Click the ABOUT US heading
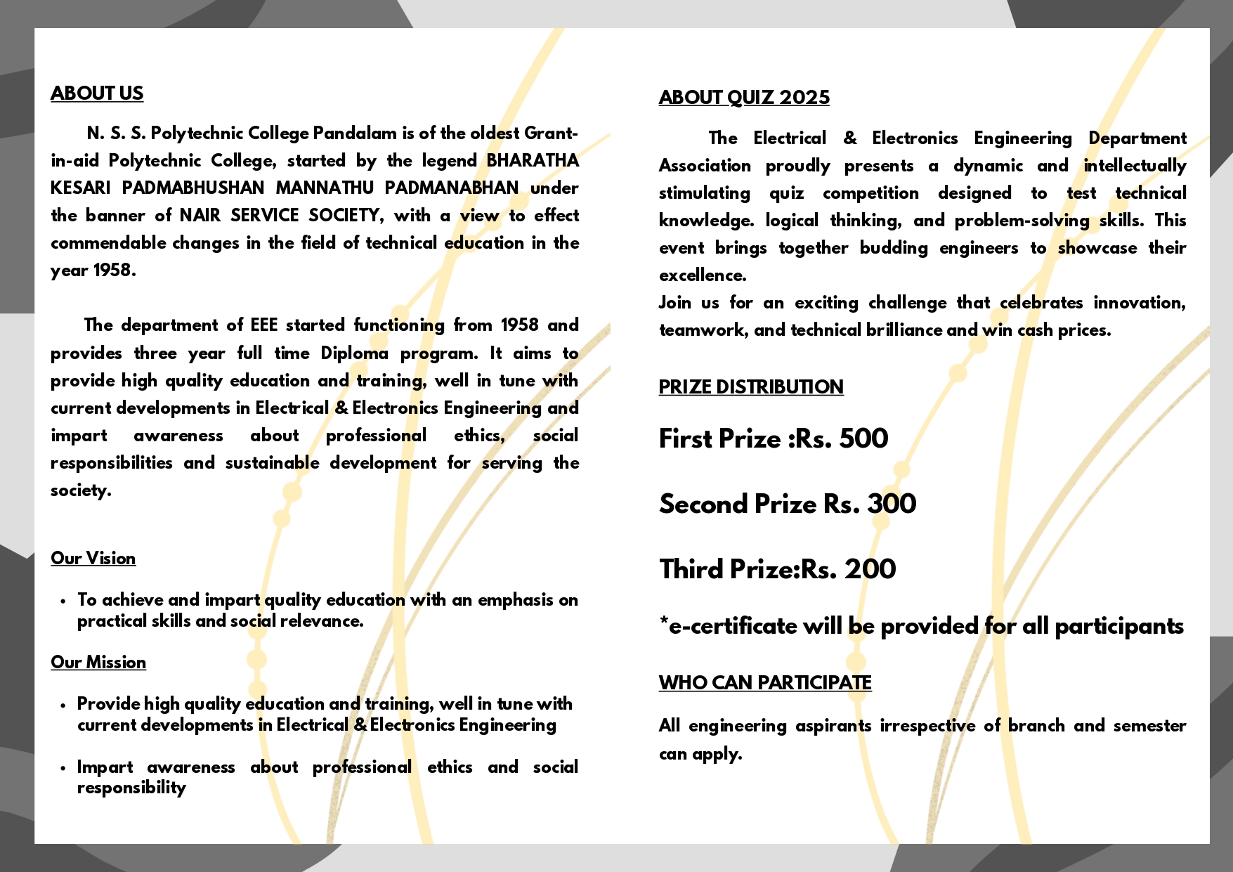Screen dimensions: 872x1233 [x=97, y=93]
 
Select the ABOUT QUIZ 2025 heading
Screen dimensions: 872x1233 [x=744, y=98]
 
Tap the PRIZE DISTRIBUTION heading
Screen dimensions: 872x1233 [x=751, y=387]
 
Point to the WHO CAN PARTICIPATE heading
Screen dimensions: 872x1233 [x=765, y=683]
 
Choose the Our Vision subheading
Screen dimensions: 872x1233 [x=93, y=559]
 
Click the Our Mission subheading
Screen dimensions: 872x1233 [x=98, y=663]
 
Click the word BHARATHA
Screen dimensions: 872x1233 [x=533, y=161]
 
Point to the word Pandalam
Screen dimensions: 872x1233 [x=355, y=134]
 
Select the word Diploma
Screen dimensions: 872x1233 [x=354, y=353]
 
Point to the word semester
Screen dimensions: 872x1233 [x=1149, y=726]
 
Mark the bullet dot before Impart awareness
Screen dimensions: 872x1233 [x=63, y=768]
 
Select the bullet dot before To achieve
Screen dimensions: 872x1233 [x=63, y=601]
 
